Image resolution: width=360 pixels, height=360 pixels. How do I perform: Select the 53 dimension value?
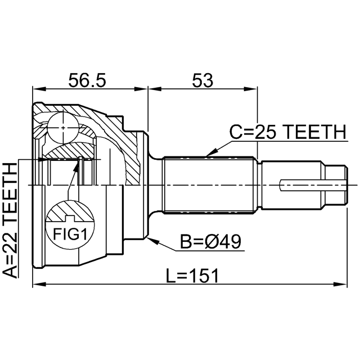pos(202,80)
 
